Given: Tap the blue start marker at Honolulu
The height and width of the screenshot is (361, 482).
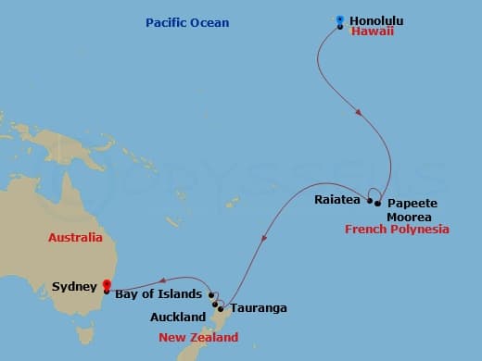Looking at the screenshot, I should pyautogui.click(x=340, y=19).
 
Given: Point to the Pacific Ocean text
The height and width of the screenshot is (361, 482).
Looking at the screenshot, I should pyautogui.click(x=187, y=22).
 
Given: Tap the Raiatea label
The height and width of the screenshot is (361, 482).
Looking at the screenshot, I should pyautogui.click(x=337, y=198).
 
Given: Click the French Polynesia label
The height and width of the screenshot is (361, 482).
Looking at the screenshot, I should pyautogui.click(x=397, y=229).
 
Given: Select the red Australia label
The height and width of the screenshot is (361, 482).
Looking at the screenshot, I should pyautogui.click(x=75, y=238).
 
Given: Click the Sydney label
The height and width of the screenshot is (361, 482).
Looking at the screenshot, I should pyautogui.click(x=74, y=287).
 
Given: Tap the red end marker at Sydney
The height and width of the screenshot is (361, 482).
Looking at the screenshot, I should pyautogui.click(x=107, y=285).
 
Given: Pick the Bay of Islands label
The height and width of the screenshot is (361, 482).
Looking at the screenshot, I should pyautogui.click(x=159, y=294).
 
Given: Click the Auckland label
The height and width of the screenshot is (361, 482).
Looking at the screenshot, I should pyautogui.click(x=178, y=317).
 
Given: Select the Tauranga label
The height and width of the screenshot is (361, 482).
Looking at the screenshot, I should pyautogui.click(x=258, y=307).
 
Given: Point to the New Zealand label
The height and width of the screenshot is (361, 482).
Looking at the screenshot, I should pyautogui.click(x=197, y=338).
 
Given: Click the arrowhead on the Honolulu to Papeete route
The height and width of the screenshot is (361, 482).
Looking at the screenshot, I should pyautogui.click(x=358, y=113).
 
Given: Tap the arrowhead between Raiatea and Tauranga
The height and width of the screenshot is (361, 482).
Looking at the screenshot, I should pyautogui.click(x=264, y=238).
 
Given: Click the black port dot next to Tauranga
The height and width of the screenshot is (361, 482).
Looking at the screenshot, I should pyautogui.click(x=220, y=307).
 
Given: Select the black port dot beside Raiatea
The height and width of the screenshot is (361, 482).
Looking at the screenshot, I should pyautogui.click(x=370, y=201).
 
